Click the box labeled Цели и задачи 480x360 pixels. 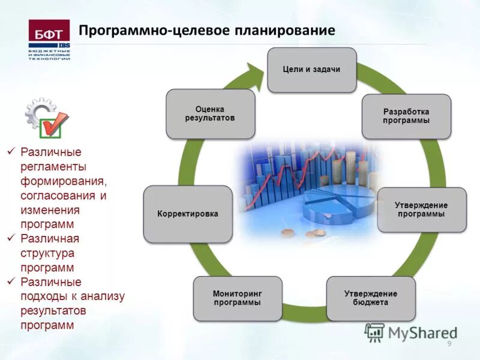[x=311, y=70]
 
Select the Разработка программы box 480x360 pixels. [x=406, y=116]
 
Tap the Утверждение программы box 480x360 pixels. [x=421, y=209]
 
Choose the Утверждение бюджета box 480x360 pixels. [x=370, y=298]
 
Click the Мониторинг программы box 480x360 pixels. [x=237, y=298]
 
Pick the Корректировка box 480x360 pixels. [x=187, y=214]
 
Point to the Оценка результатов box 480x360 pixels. [x=210, y=113]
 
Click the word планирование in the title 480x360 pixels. [x=285, y=29]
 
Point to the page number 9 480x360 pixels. [x=449, y=343]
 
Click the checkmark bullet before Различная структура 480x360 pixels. [x=10, y=239]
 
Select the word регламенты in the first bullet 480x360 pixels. [x=53, y=166]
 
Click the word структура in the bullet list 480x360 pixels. [x=46, y=253]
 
